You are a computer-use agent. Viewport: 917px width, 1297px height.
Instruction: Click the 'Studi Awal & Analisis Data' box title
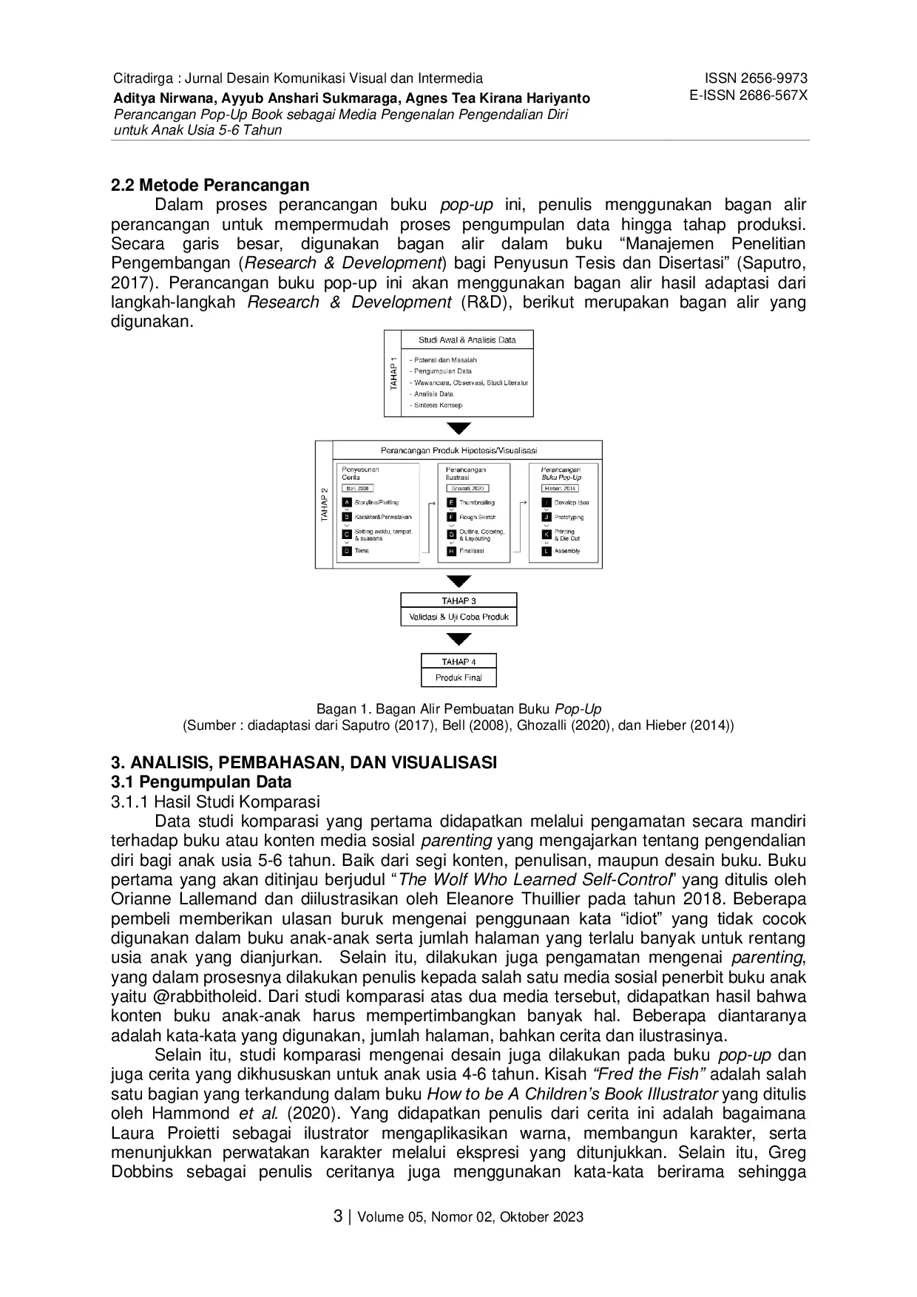(x=467, y=340)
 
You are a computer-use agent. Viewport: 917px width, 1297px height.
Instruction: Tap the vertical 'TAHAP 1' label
(x=393, y=373)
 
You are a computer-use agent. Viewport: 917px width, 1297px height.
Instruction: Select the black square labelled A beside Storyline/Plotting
(x=347, y=503)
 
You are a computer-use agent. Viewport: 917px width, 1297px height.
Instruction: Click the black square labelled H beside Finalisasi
(x=451, y=551)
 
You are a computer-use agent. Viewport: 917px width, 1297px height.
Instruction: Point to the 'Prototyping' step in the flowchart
(x=569, y=518)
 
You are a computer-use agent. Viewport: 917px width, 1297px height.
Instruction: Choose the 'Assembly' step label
(x=567, y=551)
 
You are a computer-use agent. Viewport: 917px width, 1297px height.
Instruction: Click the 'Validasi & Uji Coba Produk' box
(x=458, y=617)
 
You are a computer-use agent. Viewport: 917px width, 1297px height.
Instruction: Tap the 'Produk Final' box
(x=458, y=677)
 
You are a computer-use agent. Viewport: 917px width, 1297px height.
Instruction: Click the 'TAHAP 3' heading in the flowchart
(x=458, y=601)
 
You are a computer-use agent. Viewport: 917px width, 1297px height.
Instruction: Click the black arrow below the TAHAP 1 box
(x=459, y=428)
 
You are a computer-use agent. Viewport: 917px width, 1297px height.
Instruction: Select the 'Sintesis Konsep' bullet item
(x=438, y=405)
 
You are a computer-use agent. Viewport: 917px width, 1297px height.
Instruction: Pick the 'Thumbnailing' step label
(x=477, y=503)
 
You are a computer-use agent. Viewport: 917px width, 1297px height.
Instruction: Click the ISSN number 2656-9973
(x=756, y=78)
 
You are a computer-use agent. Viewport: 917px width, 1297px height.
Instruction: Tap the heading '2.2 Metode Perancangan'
(x=210, y=185)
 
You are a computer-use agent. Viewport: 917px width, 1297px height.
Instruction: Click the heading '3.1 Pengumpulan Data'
(x=201, y=782)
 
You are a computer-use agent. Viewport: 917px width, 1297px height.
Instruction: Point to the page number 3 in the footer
(x=338, y=1216)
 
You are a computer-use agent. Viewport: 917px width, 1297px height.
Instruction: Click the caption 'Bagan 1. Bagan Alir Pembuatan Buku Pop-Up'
(x=458, y=709)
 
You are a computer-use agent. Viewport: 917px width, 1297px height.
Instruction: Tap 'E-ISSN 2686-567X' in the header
(x=748, y=95)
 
